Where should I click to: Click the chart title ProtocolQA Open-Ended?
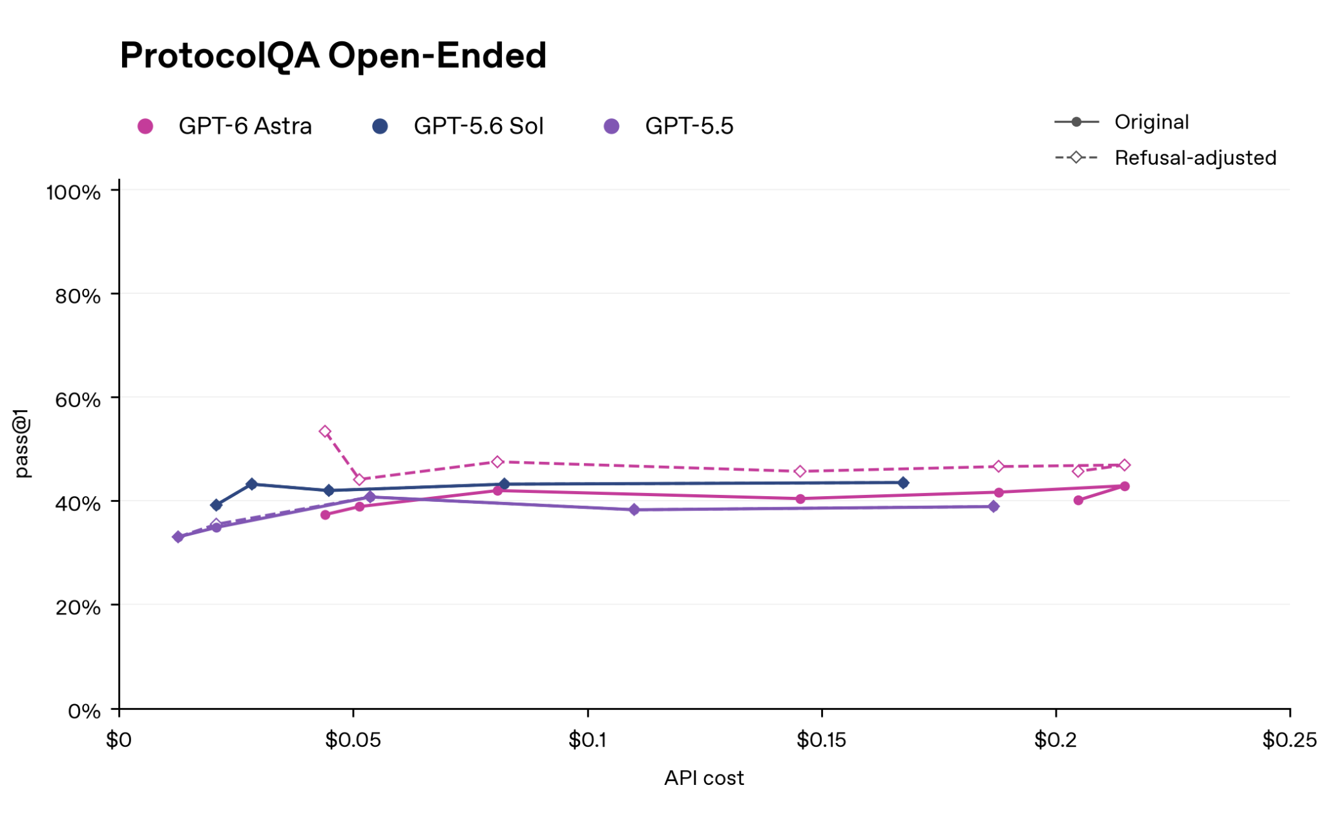point(333,56)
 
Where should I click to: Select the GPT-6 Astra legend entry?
point(225,126)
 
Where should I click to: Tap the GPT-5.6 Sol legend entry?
point(458,126)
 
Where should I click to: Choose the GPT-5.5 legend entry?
point(669,126)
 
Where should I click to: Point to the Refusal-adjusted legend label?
point(1196,158)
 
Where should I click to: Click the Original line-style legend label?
point(1152,122)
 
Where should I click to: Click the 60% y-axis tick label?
point(78,399)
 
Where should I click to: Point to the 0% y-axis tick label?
point(85,711)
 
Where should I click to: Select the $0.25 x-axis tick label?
point(1289,740)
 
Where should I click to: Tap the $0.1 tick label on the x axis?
point(587,740)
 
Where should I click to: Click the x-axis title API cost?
point(704,778)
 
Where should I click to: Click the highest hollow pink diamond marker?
point(326,432)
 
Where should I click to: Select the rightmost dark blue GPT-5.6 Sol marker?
point(903,483)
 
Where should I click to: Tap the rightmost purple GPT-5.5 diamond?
point(994,506)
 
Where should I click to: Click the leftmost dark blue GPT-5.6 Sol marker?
point(216,505)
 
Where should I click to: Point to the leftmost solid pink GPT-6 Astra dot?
point(326,515)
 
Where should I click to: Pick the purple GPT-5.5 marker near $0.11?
point(634,510)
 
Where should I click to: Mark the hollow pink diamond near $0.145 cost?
point(800,472)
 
